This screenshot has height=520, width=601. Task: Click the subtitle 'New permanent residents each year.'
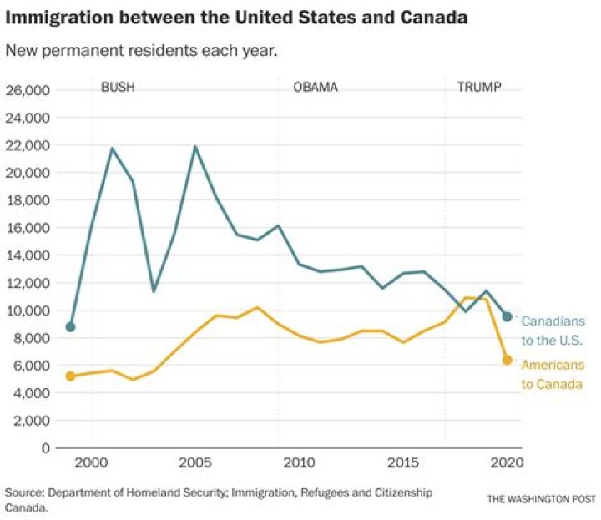coord(141,51)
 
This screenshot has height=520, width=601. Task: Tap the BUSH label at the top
coord(118,87)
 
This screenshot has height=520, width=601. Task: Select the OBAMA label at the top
coord(316,87)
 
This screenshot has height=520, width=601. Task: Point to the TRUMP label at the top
coord(479,87)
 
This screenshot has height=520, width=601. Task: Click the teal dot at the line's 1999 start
coord(70,326)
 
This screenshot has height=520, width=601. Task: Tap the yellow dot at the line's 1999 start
coord(70,376)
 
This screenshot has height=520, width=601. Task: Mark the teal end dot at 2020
coord(507,316)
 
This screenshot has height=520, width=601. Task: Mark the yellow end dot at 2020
coord(507,360)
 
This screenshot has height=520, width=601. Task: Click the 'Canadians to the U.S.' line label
coord(552,331)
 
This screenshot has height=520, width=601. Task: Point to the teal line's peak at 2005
coord(195,147)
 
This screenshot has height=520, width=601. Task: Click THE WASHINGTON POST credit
coord(541,499)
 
